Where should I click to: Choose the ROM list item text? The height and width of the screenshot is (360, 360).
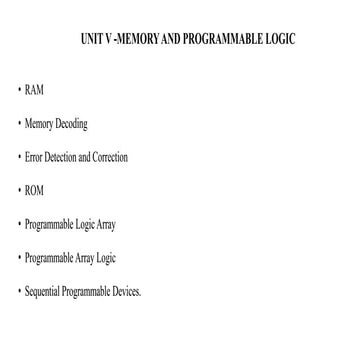[x=34, y=191]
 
